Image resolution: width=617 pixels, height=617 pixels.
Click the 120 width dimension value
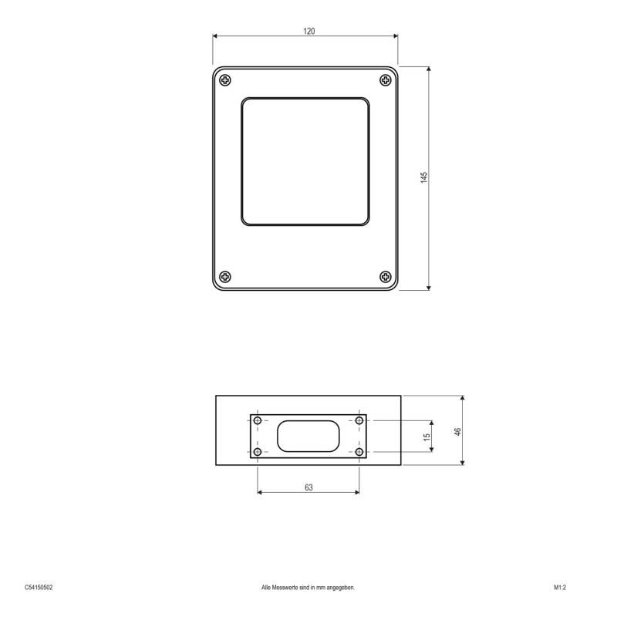coord(308,32)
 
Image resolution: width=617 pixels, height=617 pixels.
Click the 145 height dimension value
coord(423,177)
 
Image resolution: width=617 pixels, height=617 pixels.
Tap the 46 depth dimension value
coord(457,431)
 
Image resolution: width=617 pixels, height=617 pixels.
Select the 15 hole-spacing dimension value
coord(427,437)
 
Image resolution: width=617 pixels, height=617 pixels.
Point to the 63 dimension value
coord(308,487)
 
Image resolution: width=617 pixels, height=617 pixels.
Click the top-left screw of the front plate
coord(224,80)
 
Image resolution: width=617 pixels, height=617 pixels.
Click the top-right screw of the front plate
coord(386,80)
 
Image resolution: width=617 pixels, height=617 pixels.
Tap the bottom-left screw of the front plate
coord(224,276)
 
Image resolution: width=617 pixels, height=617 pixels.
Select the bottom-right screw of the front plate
coord(386,276)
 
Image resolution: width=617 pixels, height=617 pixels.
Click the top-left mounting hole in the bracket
coord(258,421)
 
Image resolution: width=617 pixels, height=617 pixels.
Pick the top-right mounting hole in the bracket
coord(359,421)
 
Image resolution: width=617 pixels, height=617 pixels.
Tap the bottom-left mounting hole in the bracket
coord(258,451)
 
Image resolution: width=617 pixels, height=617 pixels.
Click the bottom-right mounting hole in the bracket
coord(359,451)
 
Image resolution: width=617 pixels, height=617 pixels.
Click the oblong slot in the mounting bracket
coord(308,437)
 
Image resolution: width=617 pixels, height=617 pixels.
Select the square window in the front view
coord(305,163)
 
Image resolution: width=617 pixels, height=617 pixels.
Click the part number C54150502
coord(39,587)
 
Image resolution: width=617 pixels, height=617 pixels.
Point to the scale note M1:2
coord(560,587)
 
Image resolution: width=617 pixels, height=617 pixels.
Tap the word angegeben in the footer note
coord(339,587)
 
